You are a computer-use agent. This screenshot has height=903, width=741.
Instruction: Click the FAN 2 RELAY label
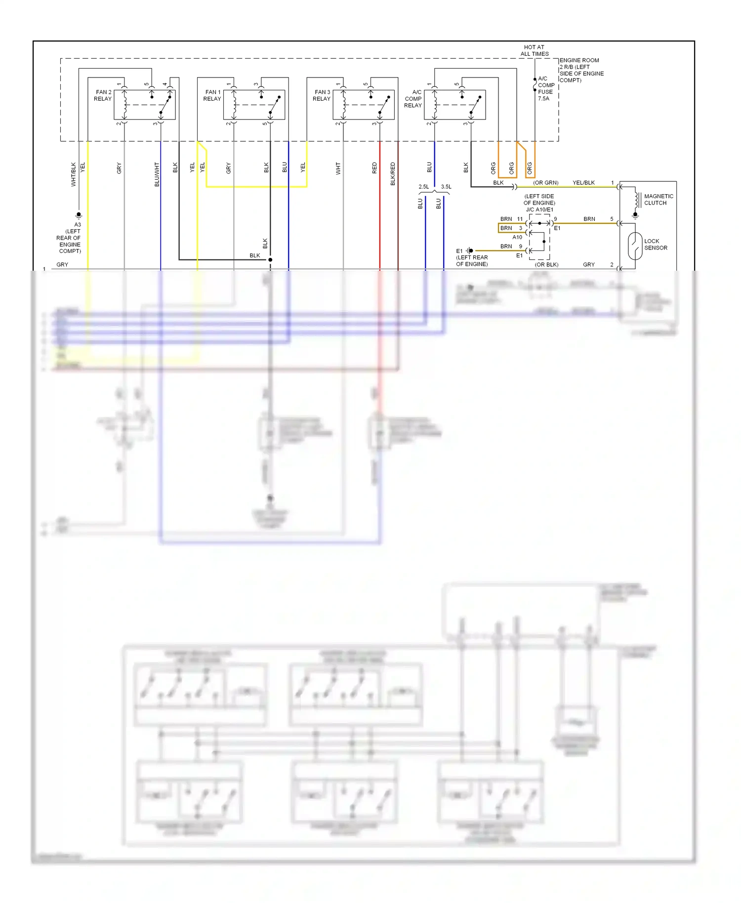[103, 95]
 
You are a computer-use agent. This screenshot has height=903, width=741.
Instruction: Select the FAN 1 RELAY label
[212, 95]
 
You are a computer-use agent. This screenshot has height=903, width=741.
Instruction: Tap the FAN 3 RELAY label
[322, 95]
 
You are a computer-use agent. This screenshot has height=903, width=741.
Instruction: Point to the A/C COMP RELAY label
[413, 99]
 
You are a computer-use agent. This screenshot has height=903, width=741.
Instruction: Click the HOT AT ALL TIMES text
[535, 50]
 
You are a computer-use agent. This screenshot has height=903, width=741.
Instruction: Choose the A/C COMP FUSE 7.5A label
[546, 88]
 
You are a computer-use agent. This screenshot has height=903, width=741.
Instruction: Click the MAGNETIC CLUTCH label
[659, 200]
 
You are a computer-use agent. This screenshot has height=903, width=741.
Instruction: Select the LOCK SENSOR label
[656, 245]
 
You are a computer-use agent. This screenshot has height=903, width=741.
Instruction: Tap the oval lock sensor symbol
[635, 246]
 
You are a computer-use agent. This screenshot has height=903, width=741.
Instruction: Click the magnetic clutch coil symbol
[637, 200]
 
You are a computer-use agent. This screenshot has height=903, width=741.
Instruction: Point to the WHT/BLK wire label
[74, 174]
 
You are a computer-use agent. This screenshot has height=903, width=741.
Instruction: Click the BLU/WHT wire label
[157, 174]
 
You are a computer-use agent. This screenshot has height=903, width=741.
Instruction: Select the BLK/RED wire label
[393, 174]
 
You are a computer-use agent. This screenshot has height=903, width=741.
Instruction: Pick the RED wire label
[374, 168]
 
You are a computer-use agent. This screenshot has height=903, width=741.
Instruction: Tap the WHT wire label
[338, 168]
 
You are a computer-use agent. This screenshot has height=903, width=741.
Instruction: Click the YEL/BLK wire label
[583, 183]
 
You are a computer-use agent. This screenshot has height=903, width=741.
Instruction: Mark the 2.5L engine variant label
[424, 187]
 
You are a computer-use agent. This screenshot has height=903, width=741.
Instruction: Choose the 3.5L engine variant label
[446, 187]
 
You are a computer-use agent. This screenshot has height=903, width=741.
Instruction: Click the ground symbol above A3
[79, 215]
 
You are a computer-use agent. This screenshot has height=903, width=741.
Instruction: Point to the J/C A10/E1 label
[539, 209]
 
